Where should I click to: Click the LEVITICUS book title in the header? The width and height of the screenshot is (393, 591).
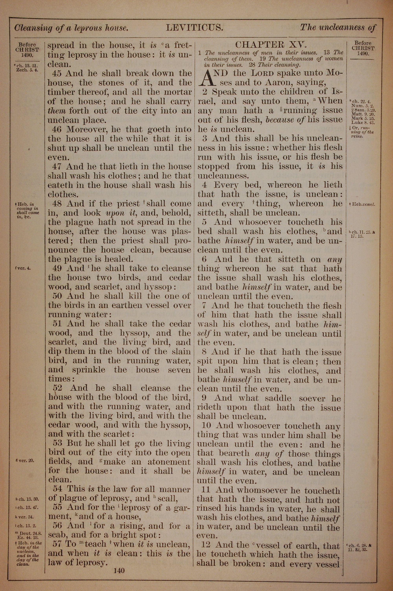[x=194, y=27]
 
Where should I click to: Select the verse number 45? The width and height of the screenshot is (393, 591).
[x=57, y=73]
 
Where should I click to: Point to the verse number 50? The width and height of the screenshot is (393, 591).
[x=57, y=296]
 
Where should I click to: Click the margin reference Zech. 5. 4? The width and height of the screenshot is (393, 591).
[x=27, y=70]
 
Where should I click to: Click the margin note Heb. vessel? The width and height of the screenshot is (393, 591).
[x=363, y=204]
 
